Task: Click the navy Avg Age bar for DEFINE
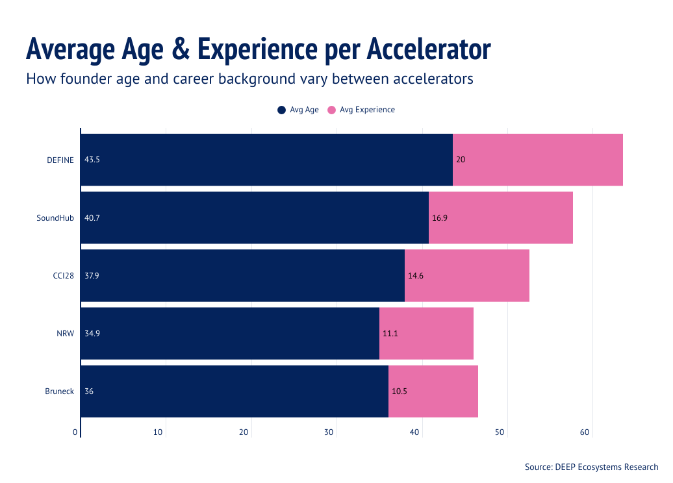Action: pyautogui.click(x=266, y=160)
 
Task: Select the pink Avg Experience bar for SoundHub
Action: pyautogui.click(x=500, y=217)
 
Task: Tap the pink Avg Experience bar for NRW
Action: pyautogui.click(x=426, y=334)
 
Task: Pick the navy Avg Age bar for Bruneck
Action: pyautogui.click(x=234, y=391)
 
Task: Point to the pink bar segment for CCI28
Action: pyautogui.click(x=466, y=275)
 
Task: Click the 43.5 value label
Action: pyautogui.click(x=92, y=160)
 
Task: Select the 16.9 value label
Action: pyautogui.click(x=440, y=217)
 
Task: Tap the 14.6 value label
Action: pyautogui.click(x=416, y=275)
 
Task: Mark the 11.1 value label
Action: pyautogui.click(x=390, y=334)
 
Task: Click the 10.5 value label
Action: pyautogui.click(x=399, y=391)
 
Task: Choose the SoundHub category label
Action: pyautogui.click(x=55, y=217)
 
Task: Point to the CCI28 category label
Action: pyautogui.click(x=63, y=275)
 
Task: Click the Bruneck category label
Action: pyautogui.click(x=59, y=391)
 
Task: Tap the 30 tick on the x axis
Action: pyautogui.click(x=329, y=432)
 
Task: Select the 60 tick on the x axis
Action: pyautogui.click(x=585, y=432)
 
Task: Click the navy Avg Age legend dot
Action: pyautogui.click(x=281, y=110)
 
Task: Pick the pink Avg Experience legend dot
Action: pyautogui.click(x=331, y=110)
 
